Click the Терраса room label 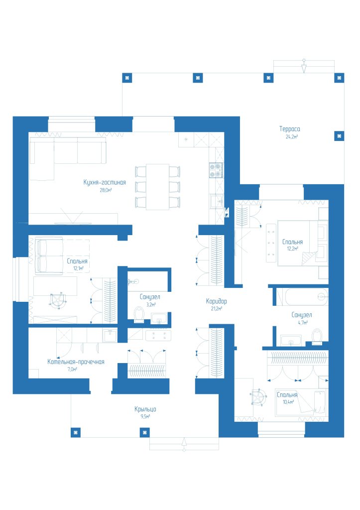tap(289, 129)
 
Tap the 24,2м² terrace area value tap(292, 136)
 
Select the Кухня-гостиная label tap(105, 182)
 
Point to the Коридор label tap(216, 301)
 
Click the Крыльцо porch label tap(145, 409)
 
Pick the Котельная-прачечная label tap(76, 362)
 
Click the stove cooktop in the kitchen tap(216, 170)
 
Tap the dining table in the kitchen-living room tap(157, 187)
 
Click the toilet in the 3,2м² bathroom tap(139, 314)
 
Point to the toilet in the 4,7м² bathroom tap(316, 336)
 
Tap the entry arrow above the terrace tap(304, 66)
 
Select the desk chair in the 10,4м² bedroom tap(259, 397)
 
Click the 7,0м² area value tap(72, 370)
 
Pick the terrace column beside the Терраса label tap(339, 136)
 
